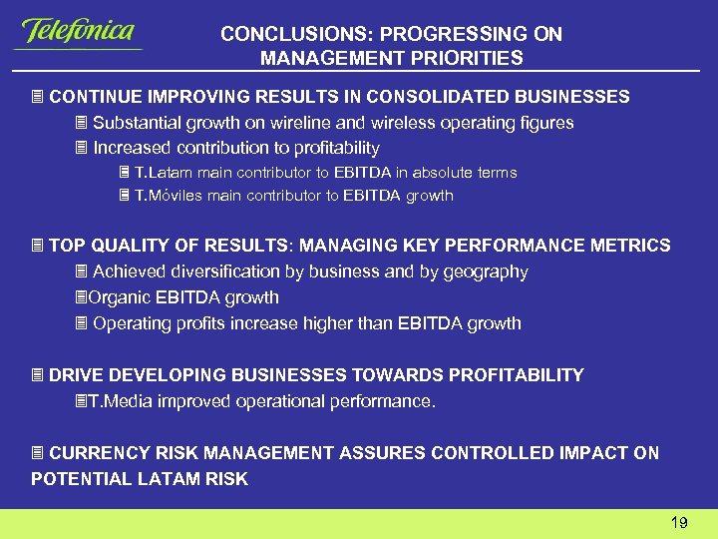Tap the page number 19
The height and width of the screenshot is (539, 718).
point(679,522)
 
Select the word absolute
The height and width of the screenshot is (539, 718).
point(446,173)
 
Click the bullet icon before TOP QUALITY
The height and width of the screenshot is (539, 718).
point(38,246)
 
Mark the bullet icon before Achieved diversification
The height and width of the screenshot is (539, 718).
point(82,271)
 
